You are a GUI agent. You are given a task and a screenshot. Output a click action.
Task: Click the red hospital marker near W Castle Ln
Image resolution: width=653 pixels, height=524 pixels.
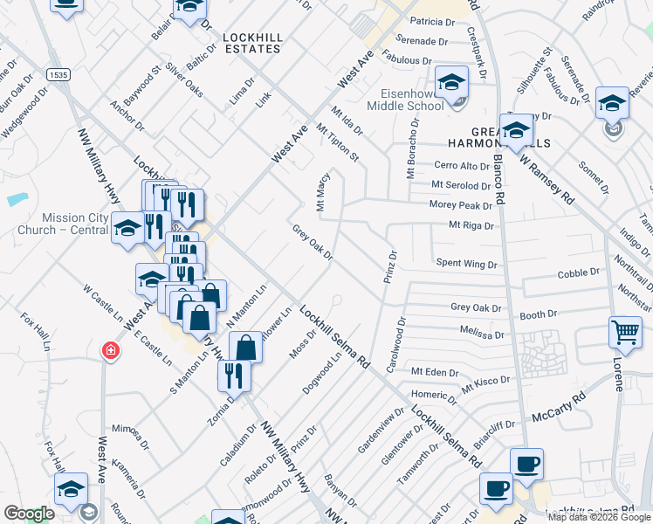[x=111, y=352]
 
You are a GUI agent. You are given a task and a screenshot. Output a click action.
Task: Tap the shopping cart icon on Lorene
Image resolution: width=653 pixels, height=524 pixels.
[x=625, y=332]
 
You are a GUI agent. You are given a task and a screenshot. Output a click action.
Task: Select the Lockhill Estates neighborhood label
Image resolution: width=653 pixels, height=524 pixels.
[x=251, y=43]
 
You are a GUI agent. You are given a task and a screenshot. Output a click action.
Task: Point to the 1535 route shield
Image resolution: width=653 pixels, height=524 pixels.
[x=58, y=75]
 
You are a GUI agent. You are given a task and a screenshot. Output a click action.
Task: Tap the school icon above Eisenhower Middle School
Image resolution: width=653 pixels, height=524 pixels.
[x=452, y=82]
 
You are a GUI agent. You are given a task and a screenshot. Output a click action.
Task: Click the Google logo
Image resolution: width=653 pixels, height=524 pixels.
[x=29, y=514]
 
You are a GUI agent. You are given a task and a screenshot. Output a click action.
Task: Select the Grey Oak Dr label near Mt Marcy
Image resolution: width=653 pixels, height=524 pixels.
[x=313, y=243]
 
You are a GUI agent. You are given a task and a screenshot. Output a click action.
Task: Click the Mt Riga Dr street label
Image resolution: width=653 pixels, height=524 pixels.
[x=471, y=225]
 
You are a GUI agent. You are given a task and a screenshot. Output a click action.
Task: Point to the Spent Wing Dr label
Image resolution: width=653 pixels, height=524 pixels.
[x=466, y=263]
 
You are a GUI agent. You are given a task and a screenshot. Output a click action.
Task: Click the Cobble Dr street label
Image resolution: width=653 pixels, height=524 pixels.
[x=579, y=273]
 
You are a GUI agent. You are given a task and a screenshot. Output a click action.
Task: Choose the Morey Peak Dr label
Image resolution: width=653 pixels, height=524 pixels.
[x=462, y=205]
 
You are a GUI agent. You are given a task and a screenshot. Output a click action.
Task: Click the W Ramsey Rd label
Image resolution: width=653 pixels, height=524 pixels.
[x=547, y=179]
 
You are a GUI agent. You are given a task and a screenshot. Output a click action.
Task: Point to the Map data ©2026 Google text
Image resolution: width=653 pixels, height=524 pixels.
[x=597, y=517]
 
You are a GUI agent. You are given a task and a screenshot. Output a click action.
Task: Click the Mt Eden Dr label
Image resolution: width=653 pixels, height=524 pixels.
[x=435, y=371]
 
